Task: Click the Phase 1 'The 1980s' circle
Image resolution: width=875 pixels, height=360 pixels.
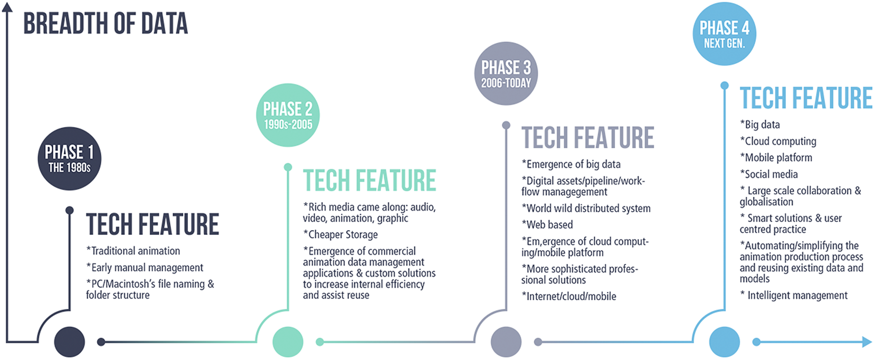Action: pyautogui.click(x=70, y=158)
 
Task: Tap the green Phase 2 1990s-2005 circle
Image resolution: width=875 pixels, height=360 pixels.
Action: pyautogui.click(x=288, y=115)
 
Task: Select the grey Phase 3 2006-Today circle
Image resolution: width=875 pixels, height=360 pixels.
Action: pyautogui.click(x=506, y=73)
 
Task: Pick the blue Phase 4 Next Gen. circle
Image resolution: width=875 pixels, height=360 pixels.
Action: pyautogui.click(x=724, y=34)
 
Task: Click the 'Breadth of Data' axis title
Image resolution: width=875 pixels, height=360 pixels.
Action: pyautogui.click(x=106, y=23)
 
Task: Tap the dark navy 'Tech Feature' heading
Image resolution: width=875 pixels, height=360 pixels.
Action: pyautogui.click(x=153, y=224)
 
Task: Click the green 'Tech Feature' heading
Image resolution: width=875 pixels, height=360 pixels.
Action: pyautogui.click(x=369, y=180)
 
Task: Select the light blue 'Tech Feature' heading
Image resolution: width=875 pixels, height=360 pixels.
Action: pyautogui.click(x=806, y=98)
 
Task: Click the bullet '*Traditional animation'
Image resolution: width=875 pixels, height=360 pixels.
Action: pyautogui.click(x=133, y=251)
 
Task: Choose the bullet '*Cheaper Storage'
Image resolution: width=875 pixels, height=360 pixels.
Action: pyautogui.click(x=340, y=234)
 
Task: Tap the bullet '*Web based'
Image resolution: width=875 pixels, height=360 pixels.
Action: pyautogui.click(x=547, y=225)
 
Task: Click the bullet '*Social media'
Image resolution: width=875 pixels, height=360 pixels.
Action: pyautogui.click(x=769, y=174)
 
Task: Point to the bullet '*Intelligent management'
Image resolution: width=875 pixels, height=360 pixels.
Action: pyautogui.click(x=794, y=296)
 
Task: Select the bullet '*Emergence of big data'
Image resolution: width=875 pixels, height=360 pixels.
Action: pyautogui.click(x=571, y=164)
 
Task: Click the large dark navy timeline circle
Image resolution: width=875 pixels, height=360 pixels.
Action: pyautogui.click(x=70, y=342)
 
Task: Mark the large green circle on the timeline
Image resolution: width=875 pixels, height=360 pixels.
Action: pyautogui.click(x=288, y=342)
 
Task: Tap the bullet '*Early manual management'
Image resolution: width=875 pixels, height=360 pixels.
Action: pyautogui.click(x=145, y=268)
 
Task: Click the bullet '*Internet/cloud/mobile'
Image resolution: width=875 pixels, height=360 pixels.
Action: pyautogui.click(x=569, y=296)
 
